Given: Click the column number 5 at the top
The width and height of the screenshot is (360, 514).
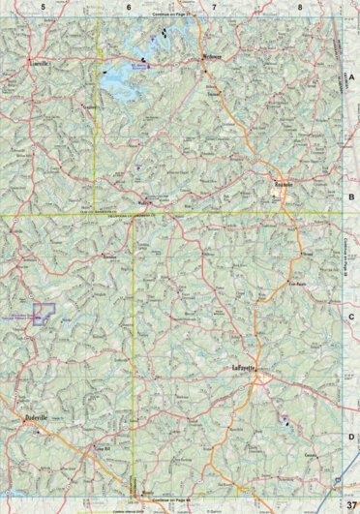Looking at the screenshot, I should click(45, 7).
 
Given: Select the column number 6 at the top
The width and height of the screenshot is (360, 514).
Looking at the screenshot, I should click(129, 7).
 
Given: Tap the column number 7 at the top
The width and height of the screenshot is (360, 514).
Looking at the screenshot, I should click(214, 7).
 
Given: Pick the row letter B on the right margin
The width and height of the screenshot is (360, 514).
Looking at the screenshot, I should click(352, 195).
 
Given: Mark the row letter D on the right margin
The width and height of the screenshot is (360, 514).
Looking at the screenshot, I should click(352, 437).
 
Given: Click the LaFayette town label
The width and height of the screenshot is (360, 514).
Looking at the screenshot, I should click(247, 367).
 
